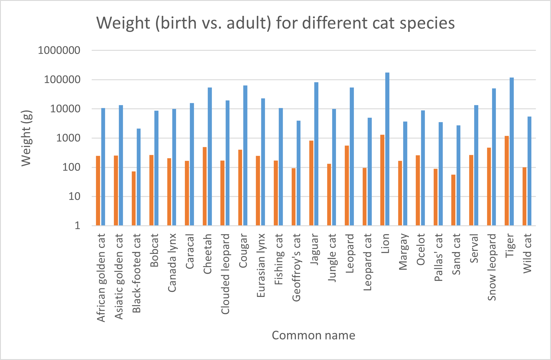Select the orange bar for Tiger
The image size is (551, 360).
click(507, 181)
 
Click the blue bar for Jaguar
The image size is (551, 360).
click(316, 154)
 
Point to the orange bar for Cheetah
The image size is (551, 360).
click(204, 186)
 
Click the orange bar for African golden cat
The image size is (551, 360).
click(98, 191)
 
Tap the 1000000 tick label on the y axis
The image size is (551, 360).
click(59, 50)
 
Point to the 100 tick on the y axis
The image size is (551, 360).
click(71, 167)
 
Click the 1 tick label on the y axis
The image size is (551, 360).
click(77, 226)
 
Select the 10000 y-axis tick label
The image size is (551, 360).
click(65, 109)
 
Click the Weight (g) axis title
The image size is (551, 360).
click(26, 138)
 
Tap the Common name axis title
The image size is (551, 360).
click(313, 335)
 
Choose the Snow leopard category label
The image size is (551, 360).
click(492, 267)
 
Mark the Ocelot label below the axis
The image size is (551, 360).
click(421, 249)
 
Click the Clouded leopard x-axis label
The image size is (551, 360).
click(225, 274)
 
